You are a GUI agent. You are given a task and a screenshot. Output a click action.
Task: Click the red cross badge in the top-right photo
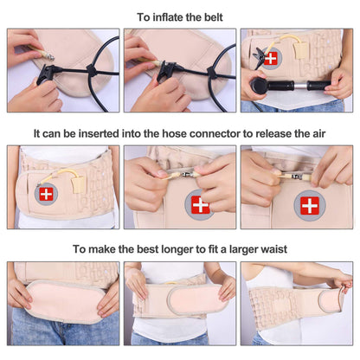[x=271, y=58]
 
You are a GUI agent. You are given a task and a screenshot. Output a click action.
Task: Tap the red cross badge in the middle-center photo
[x=200, y=205]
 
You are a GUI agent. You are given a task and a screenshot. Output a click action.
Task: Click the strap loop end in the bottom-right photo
[x=339, y=283]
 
